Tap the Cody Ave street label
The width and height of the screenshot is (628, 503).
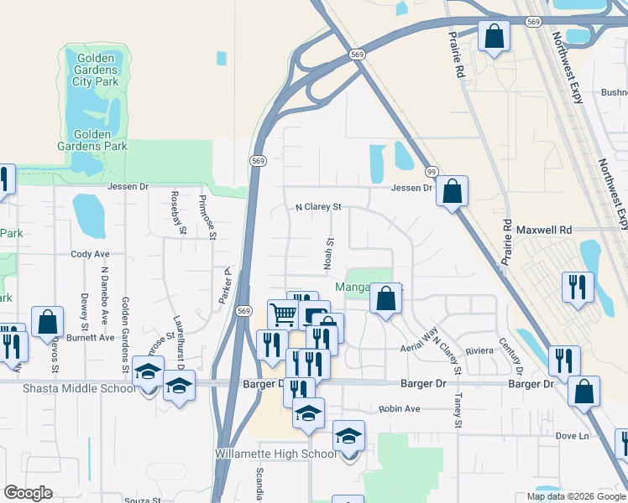click(x=91, y=254)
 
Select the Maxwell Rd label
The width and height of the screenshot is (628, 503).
click(x=543, y=229)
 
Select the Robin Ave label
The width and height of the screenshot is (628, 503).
click(x=398, y=409)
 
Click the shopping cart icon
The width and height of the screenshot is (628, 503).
click(x=284, y=314)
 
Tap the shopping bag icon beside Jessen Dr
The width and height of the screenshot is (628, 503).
click(x=452, y=191)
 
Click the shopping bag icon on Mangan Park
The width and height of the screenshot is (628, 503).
click(x=385, y=298)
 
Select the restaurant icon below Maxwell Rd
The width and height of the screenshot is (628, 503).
click(x=577, y=288)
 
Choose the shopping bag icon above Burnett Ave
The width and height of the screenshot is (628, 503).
click(x=47, y=322)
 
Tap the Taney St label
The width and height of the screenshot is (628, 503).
click(x=458, y=411)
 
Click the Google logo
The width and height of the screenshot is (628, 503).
click(x=28, y=493)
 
